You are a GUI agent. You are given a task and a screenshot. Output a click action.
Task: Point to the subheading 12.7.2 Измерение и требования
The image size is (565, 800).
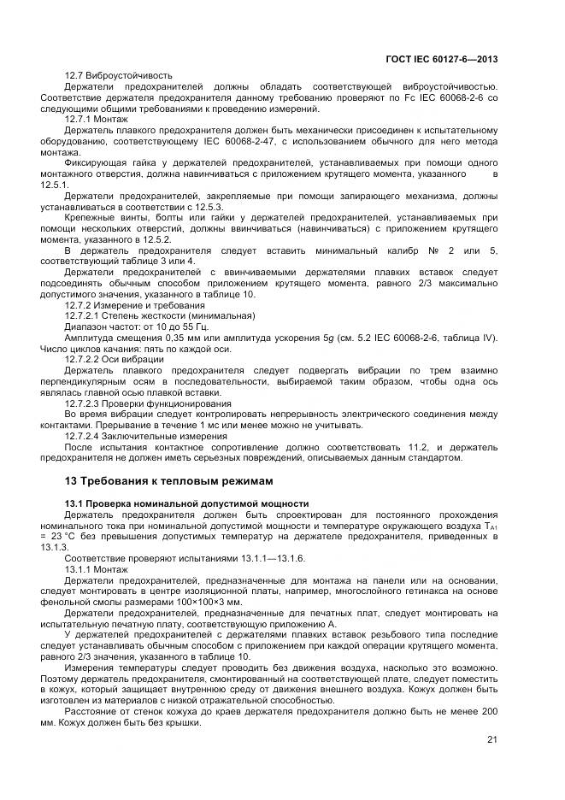click(x=135, y=305)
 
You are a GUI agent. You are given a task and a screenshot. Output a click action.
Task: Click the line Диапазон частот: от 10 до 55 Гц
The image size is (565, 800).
click(x=136, y=327)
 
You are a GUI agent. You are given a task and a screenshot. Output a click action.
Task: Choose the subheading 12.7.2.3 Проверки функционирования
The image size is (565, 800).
click(x=148, y=403)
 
